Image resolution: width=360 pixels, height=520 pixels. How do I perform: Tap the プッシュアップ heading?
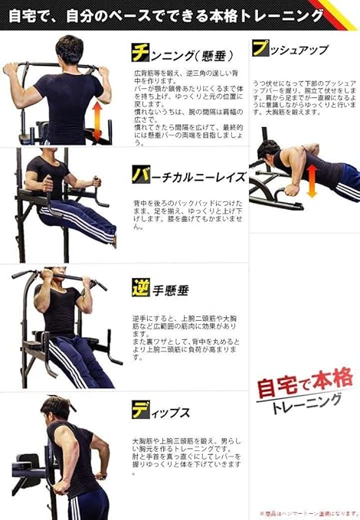pos(290,50)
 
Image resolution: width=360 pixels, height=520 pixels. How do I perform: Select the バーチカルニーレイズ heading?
pos(188,175)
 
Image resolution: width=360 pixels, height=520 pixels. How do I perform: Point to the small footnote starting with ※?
pos(308,513)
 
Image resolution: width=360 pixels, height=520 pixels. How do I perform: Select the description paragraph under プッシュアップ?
pos(304,95)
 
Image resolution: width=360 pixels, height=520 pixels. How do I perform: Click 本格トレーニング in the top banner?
pos(253,14)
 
